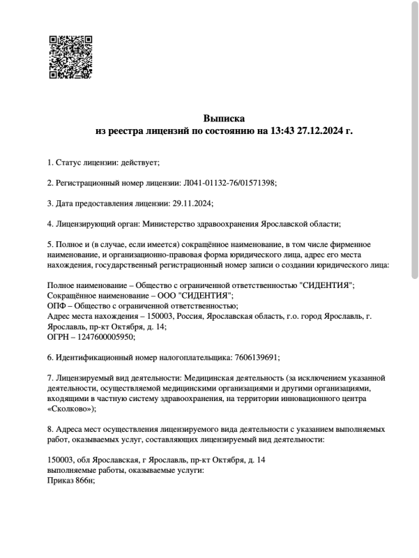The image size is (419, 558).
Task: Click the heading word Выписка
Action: [x=224, y=118]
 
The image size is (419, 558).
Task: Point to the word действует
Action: [x=142, y=163]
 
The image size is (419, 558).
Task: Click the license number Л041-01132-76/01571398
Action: [x=229, y=183]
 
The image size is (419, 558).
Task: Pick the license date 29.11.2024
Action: [x=192, y=203]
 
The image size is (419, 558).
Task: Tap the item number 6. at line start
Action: [x=50, y=357]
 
